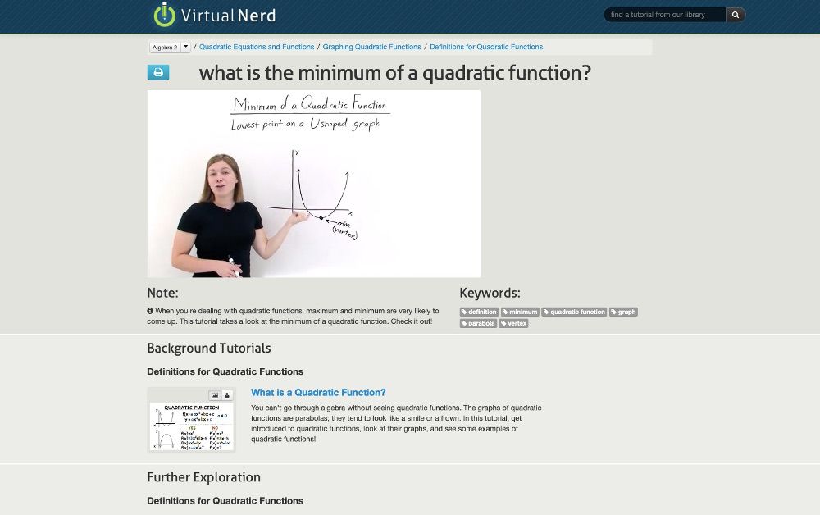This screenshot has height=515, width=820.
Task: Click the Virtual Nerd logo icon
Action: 164,15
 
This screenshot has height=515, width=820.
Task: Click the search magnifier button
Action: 736,15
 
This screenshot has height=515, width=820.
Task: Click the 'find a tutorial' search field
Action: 664,15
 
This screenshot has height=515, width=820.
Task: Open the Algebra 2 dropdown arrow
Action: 186,48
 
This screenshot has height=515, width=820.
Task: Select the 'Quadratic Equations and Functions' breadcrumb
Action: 257,48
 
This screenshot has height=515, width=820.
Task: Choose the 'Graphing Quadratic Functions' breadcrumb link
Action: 371,48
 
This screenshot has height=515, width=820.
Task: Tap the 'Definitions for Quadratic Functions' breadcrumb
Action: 486,48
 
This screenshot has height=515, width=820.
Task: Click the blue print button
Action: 158,73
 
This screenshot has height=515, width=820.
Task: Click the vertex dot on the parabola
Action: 321,217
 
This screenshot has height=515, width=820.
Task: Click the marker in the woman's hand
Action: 235,267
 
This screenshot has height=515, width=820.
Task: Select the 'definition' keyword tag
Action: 479,312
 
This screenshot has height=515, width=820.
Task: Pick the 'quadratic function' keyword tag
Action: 574,312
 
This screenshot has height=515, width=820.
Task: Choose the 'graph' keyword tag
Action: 623,312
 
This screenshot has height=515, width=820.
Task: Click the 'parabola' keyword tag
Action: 478,323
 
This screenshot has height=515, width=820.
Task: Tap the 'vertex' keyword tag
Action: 514,323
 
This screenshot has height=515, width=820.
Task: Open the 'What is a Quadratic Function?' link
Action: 318,393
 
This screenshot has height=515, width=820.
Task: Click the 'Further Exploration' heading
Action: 203,477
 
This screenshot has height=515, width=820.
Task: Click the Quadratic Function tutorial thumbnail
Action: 191,425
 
